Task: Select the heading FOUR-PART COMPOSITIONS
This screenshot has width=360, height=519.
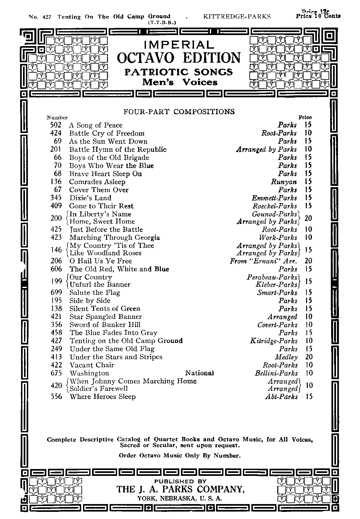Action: click(x=179, y=112)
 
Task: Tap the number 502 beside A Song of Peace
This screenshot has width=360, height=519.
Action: click(x=56, y=125)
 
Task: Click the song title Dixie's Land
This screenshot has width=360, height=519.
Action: click(x=90, y=198)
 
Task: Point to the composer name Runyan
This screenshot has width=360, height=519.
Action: click(x=284, y=182)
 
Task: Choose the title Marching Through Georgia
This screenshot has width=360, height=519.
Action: click(x=114, y=237)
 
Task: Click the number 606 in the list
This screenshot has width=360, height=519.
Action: click(x=56, y=269)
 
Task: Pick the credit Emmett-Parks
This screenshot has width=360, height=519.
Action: click(x=274, y=198)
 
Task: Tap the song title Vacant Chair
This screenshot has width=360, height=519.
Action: click(x=92, y=365)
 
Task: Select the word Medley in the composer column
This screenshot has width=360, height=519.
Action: click(x=286, y=357)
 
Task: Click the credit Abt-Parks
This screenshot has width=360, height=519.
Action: click(x=281, y=396)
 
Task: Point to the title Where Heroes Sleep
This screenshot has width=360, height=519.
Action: click(x=102, y=396)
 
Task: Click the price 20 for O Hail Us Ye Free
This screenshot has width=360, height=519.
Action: click(x=308, y=261)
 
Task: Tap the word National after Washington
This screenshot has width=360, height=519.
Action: click(x=199, y=373)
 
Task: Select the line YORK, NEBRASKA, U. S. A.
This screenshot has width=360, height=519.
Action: click(x=180, y=499)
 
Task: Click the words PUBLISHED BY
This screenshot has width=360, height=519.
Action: click(x=180, y=481)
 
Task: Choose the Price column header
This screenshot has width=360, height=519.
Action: click(x=305, y=117)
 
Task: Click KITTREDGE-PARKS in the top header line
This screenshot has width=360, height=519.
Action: click(x=237, y=16)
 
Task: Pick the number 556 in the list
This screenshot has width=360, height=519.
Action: click(x=56, y=396)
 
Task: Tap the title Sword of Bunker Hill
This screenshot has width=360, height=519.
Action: click(x=105, y=325)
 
